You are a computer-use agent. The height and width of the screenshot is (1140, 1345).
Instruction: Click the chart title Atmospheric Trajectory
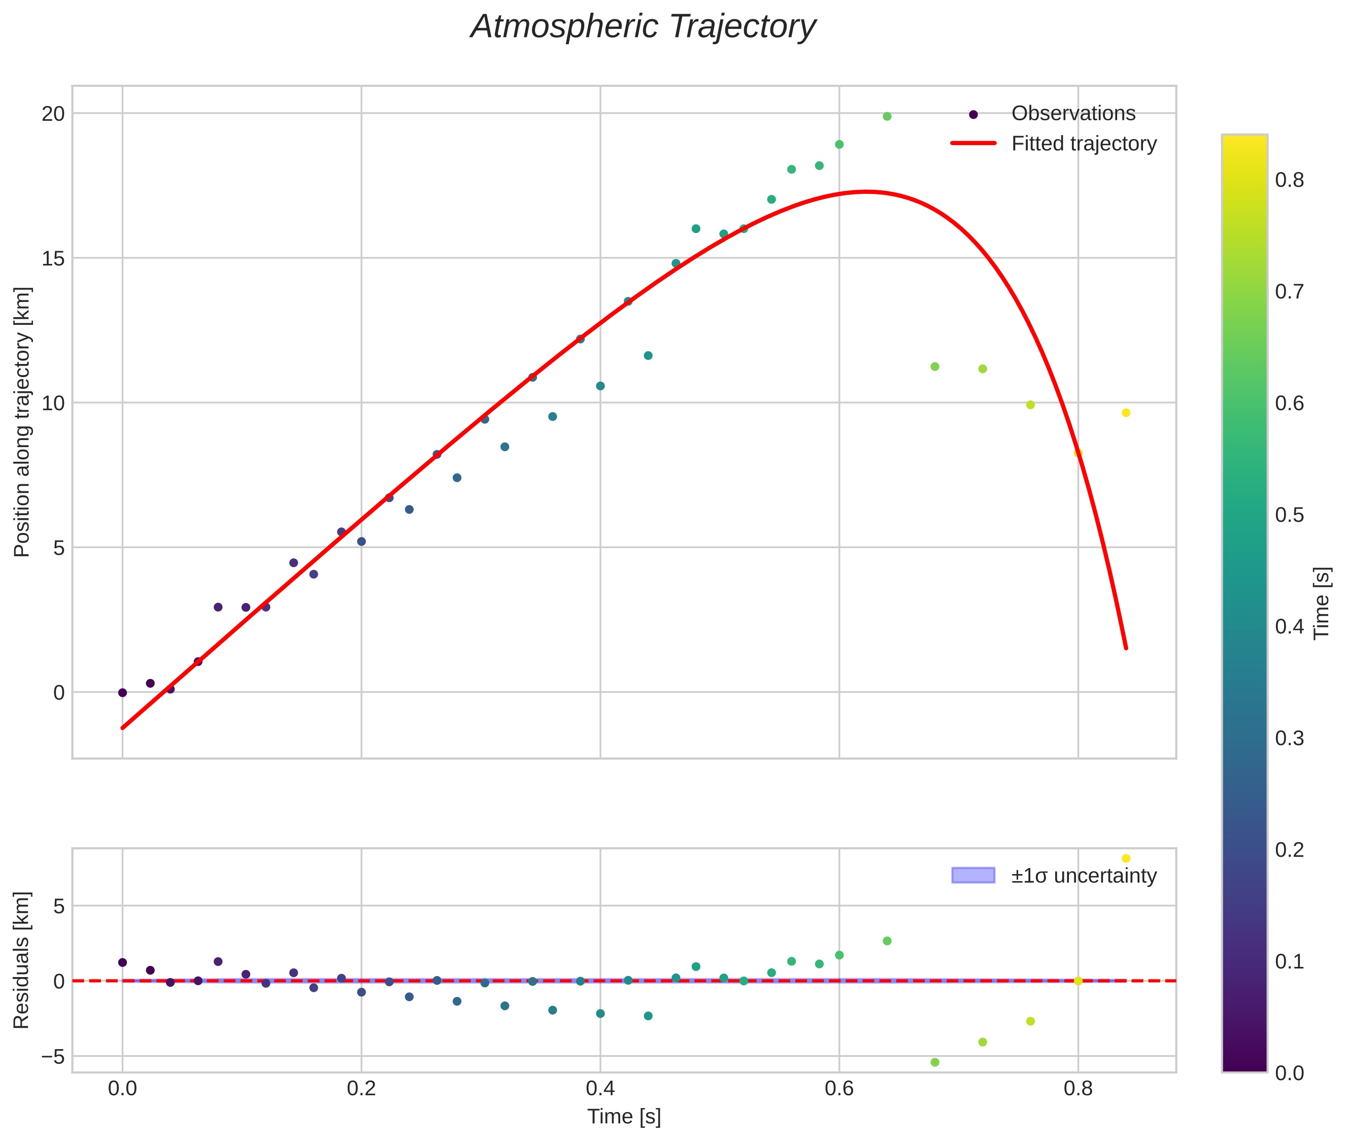point(643,27)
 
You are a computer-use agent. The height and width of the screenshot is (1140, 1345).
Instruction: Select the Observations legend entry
point(1073,114)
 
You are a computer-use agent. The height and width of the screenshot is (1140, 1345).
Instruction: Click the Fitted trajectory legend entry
point(1083,144)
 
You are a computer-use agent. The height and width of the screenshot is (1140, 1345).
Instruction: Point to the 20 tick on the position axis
point(54,114)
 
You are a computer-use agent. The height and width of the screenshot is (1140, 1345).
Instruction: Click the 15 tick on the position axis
point(54,258)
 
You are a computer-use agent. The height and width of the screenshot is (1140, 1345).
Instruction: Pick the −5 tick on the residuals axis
point(52,1057)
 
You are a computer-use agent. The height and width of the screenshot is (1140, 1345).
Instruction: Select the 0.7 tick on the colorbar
point(1289,291)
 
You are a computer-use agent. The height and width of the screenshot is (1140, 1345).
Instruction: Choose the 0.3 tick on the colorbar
point(1289,738)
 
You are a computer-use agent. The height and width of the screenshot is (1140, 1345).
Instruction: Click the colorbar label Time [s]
point(1322,603)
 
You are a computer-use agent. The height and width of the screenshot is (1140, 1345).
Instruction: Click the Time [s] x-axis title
point(624,1117)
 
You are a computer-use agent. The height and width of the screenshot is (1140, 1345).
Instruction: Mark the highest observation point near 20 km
point(887,116)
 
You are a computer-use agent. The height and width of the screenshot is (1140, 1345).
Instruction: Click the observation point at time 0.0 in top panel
point(122,693)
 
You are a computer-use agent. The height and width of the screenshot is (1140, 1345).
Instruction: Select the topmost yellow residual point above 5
point(1126,858)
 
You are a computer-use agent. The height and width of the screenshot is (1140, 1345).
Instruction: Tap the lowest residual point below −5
point(934,1062)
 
